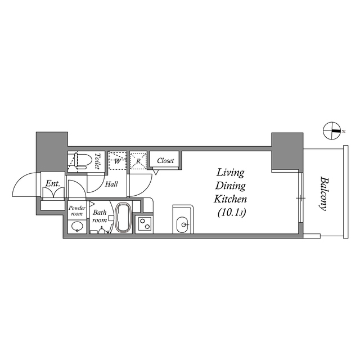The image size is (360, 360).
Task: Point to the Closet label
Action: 165,160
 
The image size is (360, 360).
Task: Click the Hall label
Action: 111,183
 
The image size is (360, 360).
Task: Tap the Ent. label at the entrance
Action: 53,183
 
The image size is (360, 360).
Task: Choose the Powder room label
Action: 77,210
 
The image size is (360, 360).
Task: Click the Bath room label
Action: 100,216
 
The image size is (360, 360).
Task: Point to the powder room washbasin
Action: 77,227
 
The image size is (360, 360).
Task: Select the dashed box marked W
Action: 117,160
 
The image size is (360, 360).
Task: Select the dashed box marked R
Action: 138,160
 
